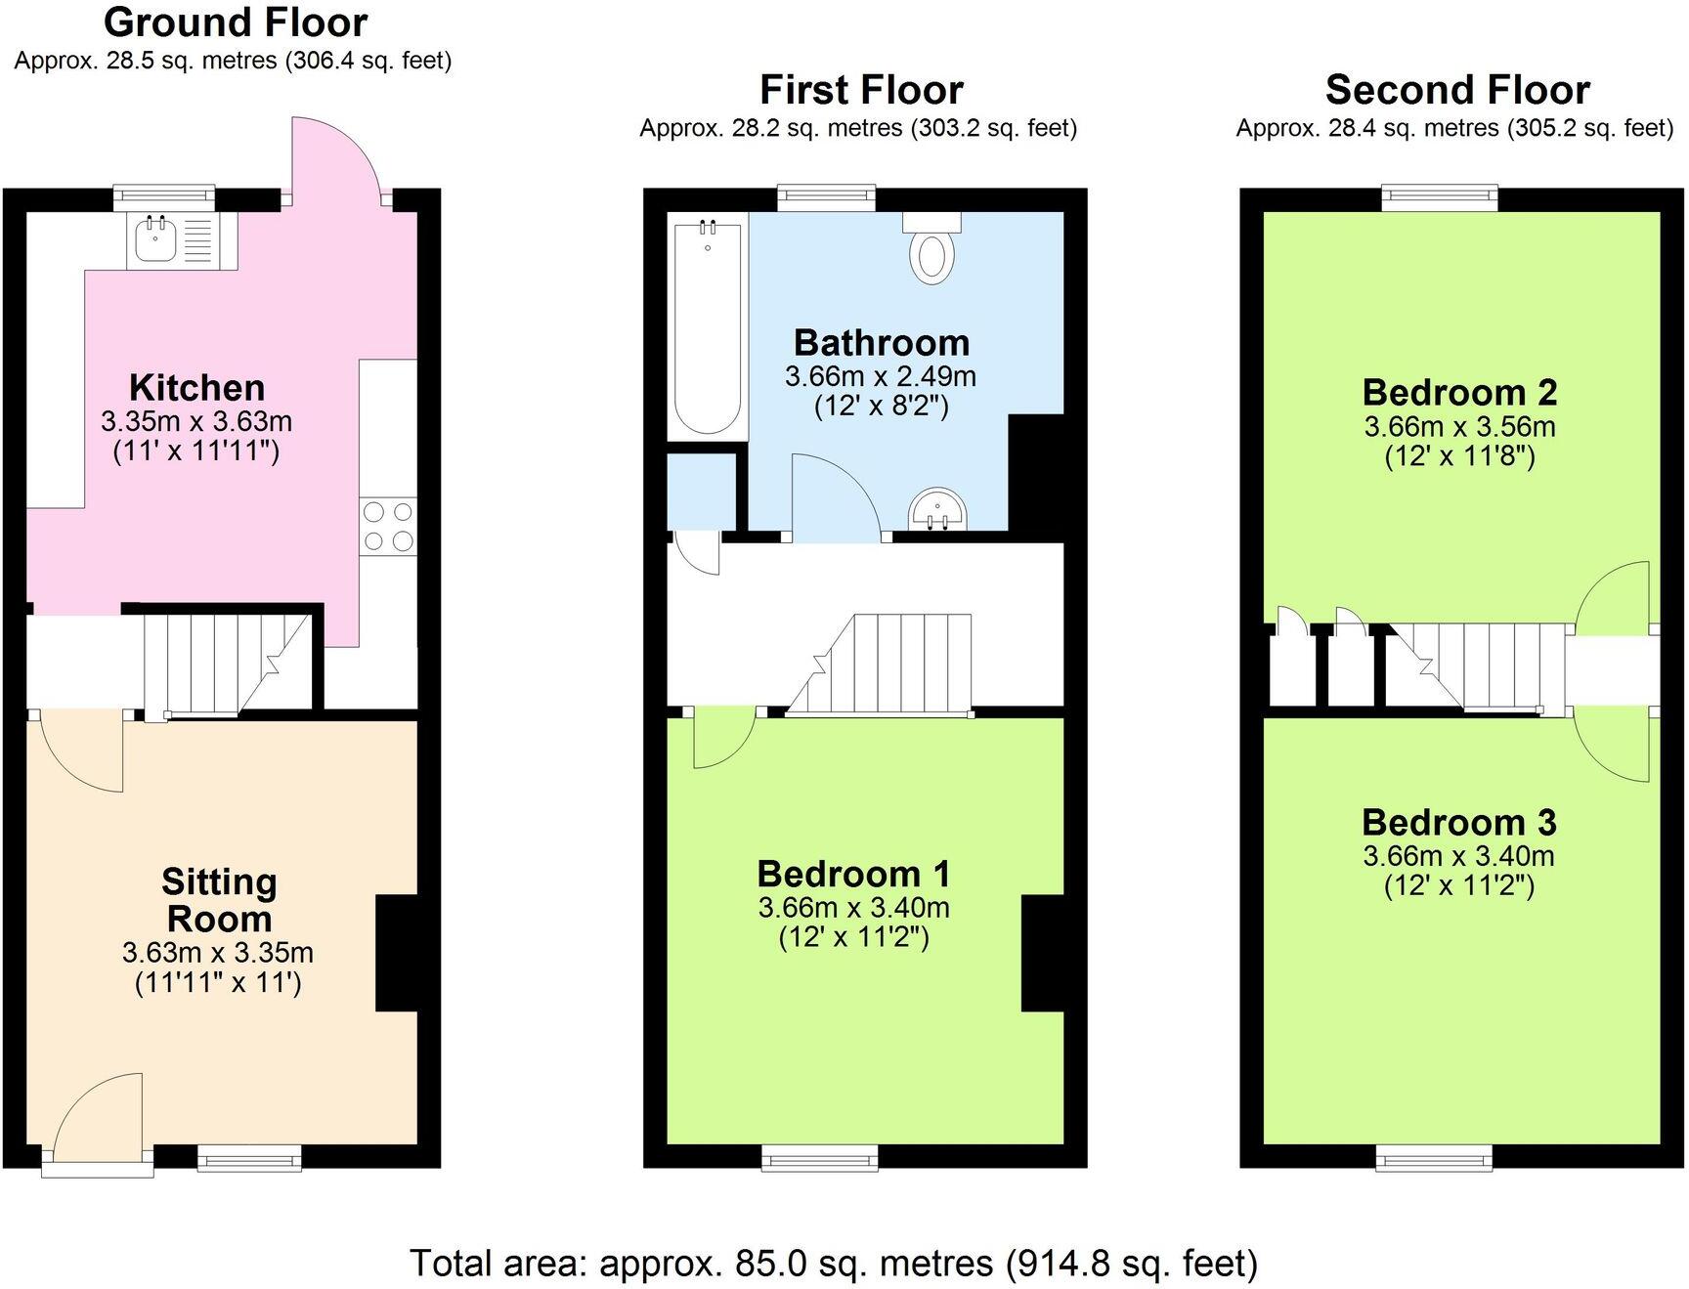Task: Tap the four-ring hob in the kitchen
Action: [388, 526]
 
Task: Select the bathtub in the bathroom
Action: [708, 327]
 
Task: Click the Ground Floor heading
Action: [236, 21]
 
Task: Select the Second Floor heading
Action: [1456, 90]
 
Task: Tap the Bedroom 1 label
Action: [853, 873]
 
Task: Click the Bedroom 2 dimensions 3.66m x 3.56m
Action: [1459, 427]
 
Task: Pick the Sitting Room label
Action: [219, 900]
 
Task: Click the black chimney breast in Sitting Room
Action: [396, 953]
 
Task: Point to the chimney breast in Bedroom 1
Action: [1042, 953]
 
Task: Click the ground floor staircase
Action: [227, 663]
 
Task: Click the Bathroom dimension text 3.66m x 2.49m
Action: [880, 376]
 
